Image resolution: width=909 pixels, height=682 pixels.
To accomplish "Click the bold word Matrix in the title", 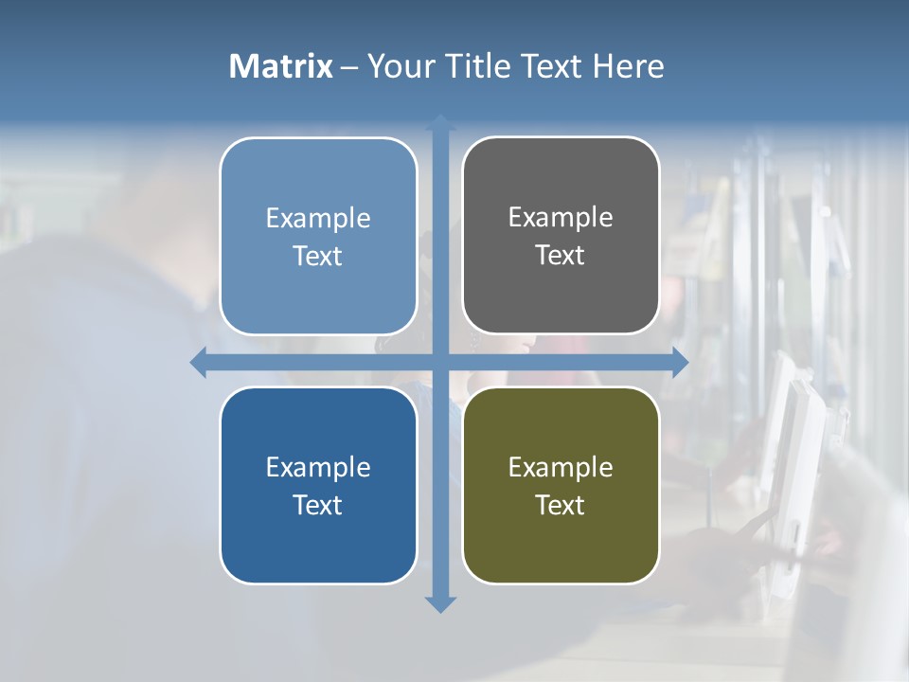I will tap(280, 66).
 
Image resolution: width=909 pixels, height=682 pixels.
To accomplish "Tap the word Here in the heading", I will tap(628, 66).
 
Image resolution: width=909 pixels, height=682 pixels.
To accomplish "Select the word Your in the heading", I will tap(401, 66).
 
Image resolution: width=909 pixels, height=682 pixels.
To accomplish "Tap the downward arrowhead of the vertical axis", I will tap(440, 603).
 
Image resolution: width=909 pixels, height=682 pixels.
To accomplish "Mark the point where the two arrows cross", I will tap(440, 362).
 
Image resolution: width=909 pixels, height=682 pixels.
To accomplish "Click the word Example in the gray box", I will tap(561, 217).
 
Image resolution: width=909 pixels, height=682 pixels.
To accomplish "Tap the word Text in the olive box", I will tap(561, 505).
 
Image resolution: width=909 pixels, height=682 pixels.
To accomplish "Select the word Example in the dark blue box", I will tap(318, 467).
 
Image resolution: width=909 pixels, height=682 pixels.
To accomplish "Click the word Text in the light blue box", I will tap(318, 256).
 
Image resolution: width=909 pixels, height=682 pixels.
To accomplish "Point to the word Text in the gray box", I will tap(561, 255).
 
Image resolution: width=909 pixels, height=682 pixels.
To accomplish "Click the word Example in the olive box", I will tap(561, 467).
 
